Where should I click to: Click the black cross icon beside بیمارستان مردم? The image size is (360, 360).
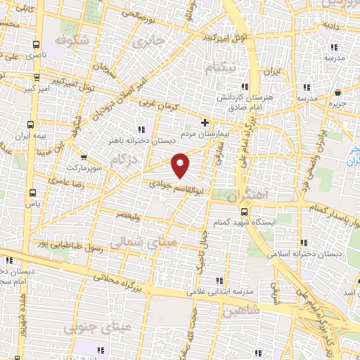click(x=205, y=122)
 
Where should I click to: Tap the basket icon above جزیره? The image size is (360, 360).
click(x=338, y=92)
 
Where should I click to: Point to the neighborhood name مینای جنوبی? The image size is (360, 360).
click(x=88, y=328)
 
